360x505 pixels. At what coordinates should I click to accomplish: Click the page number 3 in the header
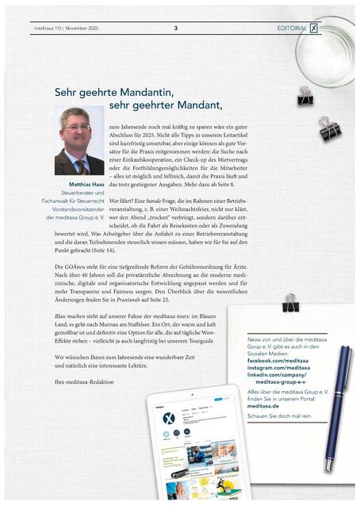pyautogui.click(x=175, y=28)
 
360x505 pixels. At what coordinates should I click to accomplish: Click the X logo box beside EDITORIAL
pyautogui.click(x=315, y=28)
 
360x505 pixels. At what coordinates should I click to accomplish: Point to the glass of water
pyautogui.click(x=324, y=51)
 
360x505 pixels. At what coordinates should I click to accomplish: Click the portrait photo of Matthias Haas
pyautogui.click(x=79, y=141)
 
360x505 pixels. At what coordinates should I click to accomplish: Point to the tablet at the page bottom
pyautogui.click(x=190, y=444)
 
